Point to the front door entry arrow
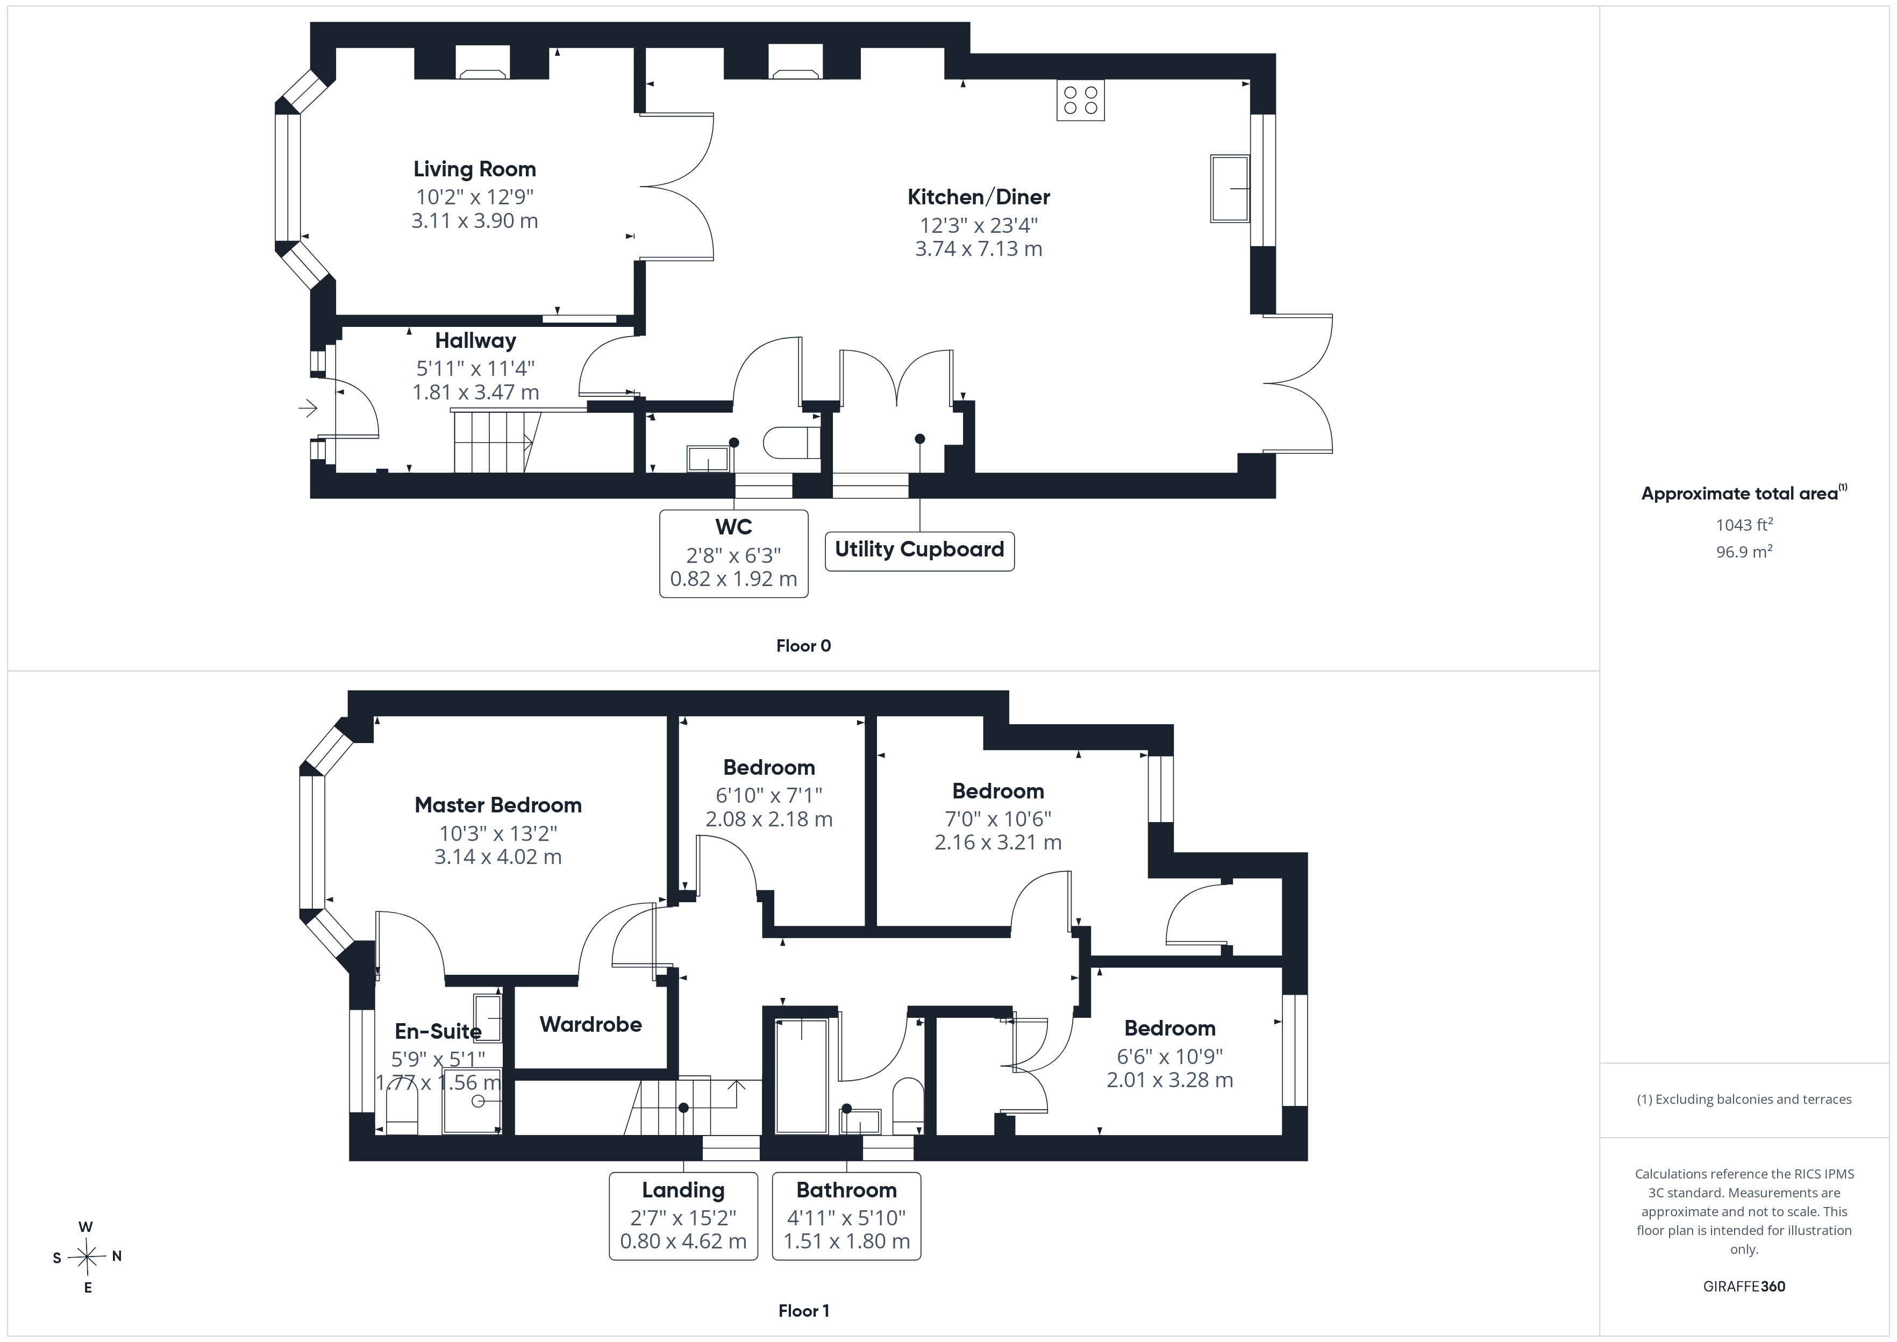click(308, 408)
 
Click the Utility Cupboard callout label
click(919, 549)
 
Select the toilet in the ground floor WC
click(791, 442)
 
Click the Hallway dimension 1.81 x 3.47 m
click(476, 392)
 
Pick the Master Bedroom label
click(498, 805)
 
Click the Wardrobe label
click(591, 1025)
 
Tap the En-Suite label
click(438, 1031)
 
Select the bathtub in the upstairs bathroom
click(801, 1076)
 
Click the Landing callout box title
click(683, 1190)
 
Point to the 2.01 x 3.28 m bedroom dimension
click(1170, 1080)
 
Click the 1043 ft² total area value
click(1744, 525)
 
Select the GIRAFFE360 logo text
click(1744, 1287)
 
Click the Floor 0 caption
click(803, 646)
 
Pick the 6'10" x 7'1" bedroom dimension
click(769, 795)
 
